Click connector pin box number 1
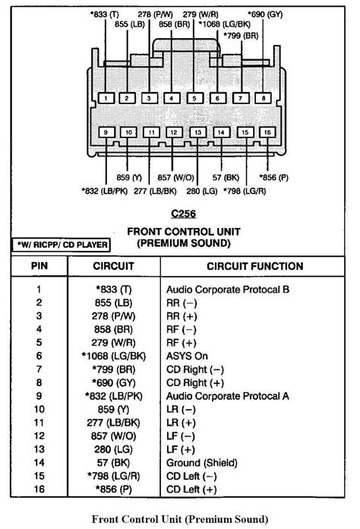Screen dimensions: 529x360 (x=106, y=98)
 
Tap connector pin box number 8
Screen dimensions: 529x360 (x=264, y=98)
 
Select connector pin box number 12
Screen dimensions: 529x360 (x=174, y=132)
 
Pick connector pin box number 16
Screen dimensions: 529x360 (x=266, y=132)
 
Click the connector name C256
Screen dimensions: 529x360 (x=181, y=214)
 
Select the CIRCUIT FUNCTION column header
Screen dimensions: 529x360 (x=254, y=267)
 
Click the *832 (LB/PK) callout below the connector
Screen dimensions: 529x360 (x=106, y=190)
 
